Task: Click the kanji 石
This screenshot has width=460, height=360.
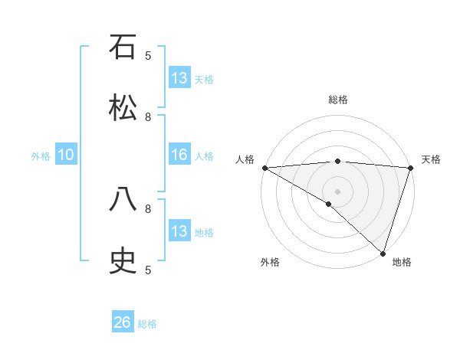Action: tap(123, 47)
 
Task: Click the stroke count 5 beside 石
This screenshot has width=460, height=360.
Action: tap(148, 55)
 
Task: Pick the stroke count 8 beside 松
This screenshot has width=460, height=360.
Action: tap(148, 116)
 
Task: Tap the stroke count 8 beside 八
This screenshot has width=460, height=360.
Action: tap(148, 208)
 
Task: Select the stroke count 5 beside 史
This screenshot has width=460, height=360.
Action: tap(148, 269)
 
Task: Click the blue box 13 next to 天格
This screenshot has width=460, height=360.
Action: tap(179, 78)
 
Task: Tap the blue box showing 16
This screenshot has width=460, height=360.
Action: tap(179, 155)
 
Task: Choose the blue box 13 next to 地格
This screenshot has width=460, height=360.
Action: tap(179, 231)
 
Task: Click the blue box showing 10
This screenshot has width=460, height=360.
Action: tap(66, 155)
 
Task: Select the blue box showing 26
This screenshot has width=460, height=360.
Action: tap(123, 322)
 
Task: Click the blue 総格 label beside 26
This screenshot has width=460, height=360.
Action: tap(147, 324)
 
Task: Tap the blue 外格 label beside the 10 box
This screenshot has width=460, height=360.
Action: tap(41, 155)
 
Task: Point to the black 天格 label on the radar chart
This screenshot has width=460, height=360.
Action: tap(431, 159)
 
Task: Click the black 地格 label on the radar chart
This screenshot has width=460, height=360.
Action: tap(402, 262)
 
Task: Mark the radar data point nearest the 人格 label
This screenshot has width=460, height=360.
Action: tap(264, 168)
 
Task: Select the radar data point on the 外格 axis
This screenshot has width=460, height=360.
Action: tap(329, 204)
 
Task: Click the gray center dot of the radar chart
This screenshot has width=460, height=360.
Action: tap(338, 191)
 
